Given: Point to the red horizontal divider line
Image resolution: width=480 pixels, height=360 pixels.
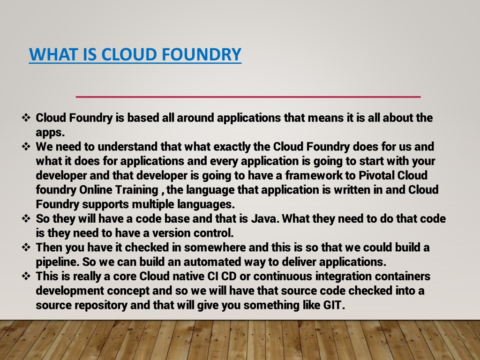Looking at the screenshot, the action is tap(248, 97).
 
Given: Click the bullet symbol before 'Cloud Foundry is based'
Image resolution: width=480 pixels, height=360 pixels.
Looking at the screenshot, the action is tap(26, 118).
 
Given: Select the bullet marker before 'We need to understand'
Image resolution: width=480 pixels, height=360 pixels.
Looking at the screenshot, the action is tap(26, 146).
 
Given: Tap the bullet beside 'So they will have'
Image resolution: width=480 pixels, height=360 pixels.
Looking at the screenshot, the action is tap(26, 218).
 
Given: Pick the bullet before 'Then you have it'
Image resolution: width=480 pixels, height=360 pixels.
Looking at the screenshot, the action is tap(26, 247).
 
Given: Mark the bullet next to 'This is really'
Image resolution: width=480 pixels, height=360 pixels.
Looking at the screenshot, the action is tap(26, 276).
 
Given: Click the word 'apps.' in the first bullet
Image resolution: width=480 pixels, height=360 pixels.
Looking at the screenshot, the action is tap(50, 133).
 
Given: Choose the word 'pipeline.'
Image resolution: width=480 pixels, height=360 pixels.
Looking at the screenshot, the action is tap(58, 262).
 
